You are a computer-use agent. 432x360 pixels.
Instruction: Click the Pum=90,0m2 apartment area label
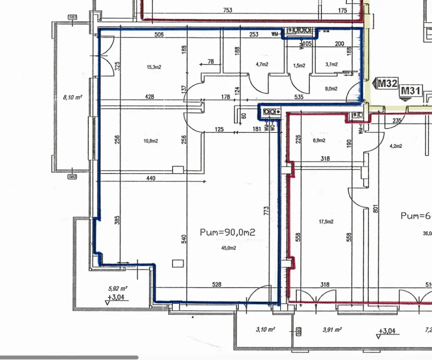228,232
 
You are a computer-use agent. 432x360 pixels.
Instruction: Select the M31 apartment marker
410,90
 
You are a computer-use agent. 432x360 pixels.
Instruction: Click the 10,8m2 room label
151,141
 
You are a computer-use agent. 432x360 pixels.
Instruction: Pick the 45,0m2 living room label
228,248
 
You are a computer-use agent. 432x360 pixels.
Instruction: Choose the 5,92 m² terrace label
118,289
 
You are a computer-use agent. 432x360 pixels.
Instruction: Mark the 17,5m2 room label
326,221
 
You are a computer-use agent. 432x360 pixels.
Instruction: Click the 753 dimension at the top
227,10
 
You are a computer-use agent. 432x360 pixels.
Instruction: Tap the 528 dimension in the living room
216,285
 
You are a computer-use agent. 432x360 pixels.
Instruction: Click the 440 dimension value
151,178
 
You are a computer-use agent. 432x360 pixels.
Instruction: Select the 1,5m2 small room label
299,64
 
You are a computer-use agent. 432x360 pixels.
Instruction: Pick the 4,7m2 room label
262,64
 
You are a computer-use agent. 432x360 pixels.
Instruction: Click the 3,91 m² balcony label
332,329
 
